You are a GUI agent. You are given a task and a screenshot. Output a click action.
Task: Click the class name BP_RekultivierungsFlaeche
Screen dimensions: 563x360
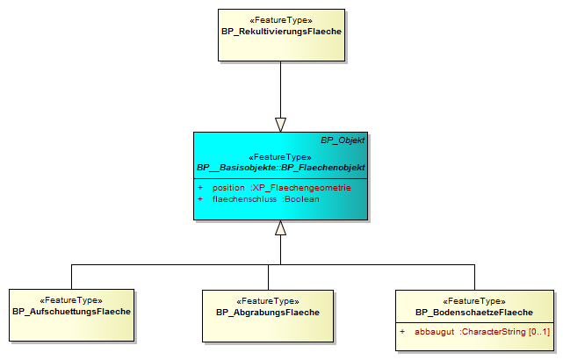pyautogui.click(x=281, y=32)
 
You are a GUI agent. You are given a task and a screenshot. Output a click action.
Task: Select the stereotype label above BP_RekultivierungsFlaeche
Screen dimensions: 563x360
pyautogui.click(x=281, y=20)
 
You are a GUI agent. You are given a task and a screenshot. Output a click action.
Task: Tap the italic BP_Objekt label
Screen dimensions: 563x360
pyautogui.click(x=343, y=140)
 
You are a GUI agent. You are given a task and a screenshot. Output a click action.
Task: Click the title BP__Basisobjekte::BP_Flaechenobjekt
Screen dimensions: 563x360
pyautogui.click(x=281, y=168)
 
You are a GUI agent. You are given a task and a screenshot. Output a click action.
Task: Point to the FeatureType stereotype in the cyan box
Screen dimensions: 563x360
pyautogui.click(x=280, y=157)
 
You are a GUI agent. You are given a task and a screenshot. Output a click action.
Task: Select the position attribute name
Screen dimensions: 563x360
pyautogui.click(x=228, y=188)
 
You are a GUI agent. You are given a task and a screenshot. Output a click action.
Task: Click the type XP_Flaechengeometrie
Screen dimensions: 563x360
pyautogui.click(x=301, y=188)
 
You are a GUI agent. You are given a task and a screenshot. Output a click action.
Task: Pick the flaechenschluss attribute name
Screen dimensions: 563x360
pyautogui.click(x=244, y=199)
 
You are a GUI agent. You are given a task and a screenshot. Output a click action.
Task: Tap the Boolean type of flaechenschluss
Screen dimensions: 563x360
pyautogui.click(x=301, y=199)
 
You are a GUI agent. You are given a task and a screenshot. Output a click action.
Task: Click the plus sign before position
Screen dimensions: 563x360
pyautogui.click(x=200, y=188)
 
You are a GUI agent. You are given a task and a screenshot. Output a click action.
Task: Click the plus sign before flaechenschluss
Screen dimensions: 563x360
pyautogui.click(x=200, y=199)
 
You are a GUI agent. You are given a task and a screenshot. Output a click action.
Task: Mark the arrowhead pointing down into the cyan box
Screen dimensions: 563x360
pyautogui.click(x=280, y=125)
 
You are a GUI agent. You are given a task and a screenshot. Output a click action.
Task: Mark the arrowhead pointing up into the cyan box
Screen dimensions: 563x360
pyautogui.click(x=280, y=227)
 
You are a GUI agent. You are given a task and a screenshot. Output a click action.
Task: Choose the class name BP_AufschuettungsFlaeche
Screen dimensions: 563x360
pyautogui.click(x=71, y=312)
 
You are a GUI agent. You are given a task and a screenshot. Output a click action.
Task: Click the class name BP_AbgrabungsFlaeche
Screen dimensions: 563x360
pyautogui.click(x=268, y=313)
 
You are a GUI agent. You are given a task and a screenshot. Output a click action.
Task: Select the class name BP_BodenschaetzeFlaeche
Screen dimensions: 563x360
pyautogui.click(x=474, y=313)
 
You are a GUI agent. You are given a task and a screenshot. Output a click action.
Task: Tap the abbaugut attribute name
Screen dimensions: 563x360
pyautogui.click(x=435, y=332)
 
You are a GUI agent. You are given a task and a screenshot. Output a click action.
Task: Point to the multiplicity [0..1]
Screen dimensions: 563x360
pyautogui.click(x=539, y=332)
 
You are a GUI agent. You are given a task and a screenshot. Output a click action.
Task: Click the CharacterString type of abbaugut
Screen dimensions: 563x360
pyautogui.click(x=494, y=332)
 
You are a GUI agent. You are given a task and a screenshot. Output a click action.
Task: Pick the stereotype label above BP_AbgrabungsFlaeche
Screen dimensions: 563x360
pyautogui.click(x=268, y=301)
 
